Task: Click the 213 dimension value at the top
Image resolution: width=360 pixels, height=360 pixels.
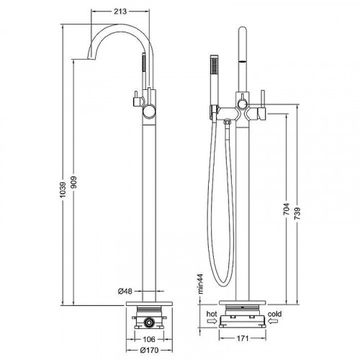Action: [120, 12]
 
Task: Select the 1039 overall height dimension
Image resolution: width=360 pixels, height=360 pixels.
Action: [63, 190]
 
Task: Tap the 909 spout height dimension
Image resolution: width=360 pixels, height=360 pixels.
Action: [73, 182]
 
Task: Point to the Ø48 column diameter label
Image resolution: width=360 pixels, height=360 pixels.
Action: [125, 292]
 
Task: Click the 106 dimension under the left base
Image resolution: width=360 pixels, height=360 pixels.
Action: [149, 339]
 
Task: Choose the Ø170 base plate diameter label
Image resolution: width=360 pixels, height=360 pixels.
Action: [149, 350]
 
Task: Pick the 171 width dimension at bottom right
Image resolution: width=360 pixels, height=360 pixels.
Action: [243, 338]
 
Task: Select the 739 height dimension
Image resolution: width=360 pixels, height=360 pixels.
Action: [297, 214]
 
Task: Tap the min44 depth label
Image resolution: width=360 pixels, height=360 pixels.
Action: [200, 284]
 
